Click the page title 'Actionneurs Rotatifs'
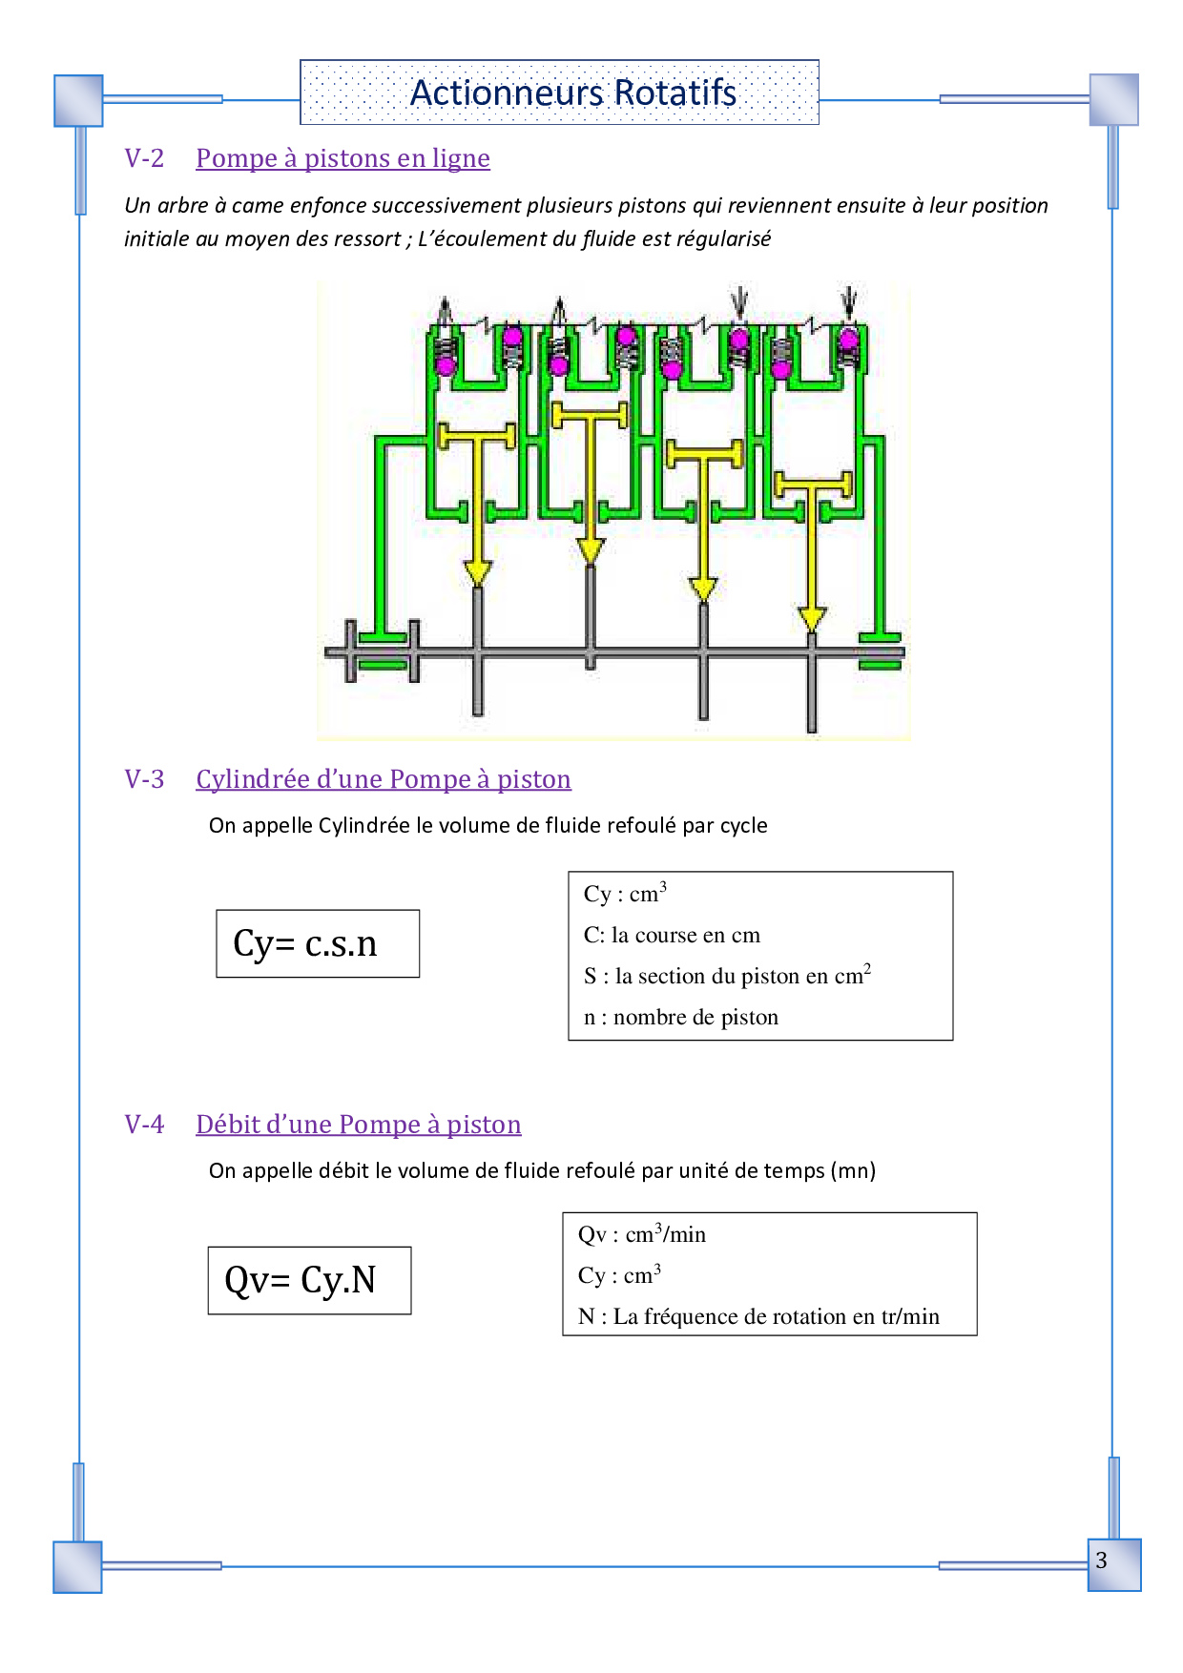tap(572, 93)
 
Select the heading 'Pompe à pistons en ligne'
tap(342, 158)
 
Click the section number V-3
tap(144, 779)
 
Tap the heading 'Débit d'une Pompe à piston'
tap(359, 1125)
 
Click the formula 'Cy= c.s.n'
tap(305, 943)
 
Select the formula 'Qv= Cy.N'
tap(301, 1280)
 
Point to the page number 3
tap(1102, 1560)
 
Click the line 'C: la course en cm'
tap(672, 935)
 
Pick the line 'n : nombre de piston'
tap(681, 1017)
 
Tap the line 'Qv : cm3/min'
tap(642, 1233)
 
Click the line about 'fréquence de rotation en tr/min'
tap(758, 1316)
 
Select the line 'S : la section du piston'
tap(727, 975)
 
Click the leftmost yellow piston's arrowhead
tap(477, 572)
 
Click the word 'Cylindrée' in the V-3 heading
tap(251, 779)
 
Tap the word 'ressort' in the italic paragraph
tap(368, 239)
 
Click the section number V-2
tap(144, 158)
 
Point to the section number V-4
tap(144, 1125)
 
